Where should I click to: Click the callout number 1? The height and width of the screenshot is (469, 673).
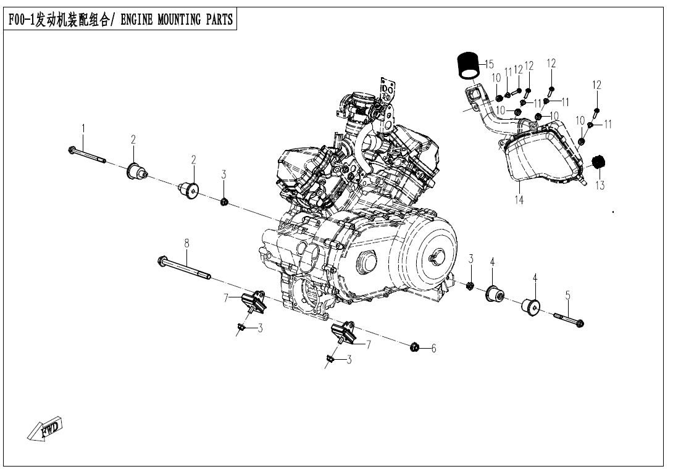[x=83, y=128]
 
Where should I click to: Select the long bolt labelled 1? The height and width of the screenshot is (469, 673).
[x=87, y=155]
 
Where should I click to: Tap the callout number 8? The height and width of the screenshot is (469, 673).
[x=186, y=243]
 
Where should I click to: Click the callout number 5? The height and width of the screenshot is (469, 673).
[x=567, y=296]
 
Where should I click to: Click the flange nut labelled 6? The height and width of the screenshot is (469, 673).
[x=415, y=347]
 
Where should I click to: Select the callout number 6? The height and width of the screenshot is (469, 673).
[x=433, y=349]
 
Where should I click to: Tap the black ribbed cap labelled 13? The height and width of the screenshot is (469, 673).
[x=597, y=162]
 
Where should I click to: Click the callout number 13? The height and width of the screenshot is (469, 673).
[x=600, y=185]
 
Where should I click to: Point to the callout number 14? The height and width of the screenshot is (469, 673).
[x=519, y=200]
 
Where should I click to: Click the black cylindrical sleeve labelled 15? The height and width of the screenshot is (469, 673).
[x=469, y=64]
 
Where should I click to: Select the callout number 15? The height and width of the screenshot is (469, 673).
[x=489, y=64]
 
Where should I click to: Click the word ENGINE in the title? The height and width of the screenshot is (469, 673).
[x=138, y=19]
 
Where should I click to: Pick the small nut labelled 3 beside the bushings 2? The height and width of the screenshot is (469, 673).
[x=225, y=201]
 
